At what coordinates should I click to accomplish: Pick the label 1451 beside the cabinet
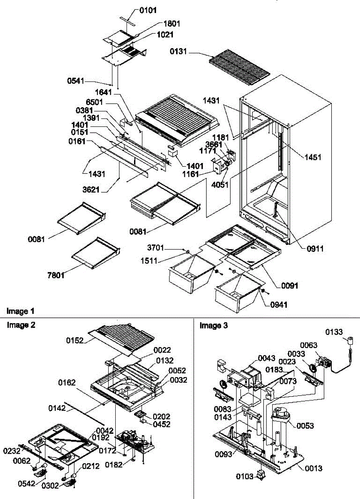coord(312,157)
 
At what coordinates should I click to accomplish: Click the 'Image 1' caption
coord(20,311)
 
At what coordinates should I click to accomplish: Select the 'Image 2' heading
coord(20,325)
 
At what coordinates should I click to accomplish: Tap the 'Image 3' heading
coord(214,325)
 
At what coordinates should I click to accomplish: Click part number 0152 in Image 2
coord(74,340)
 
